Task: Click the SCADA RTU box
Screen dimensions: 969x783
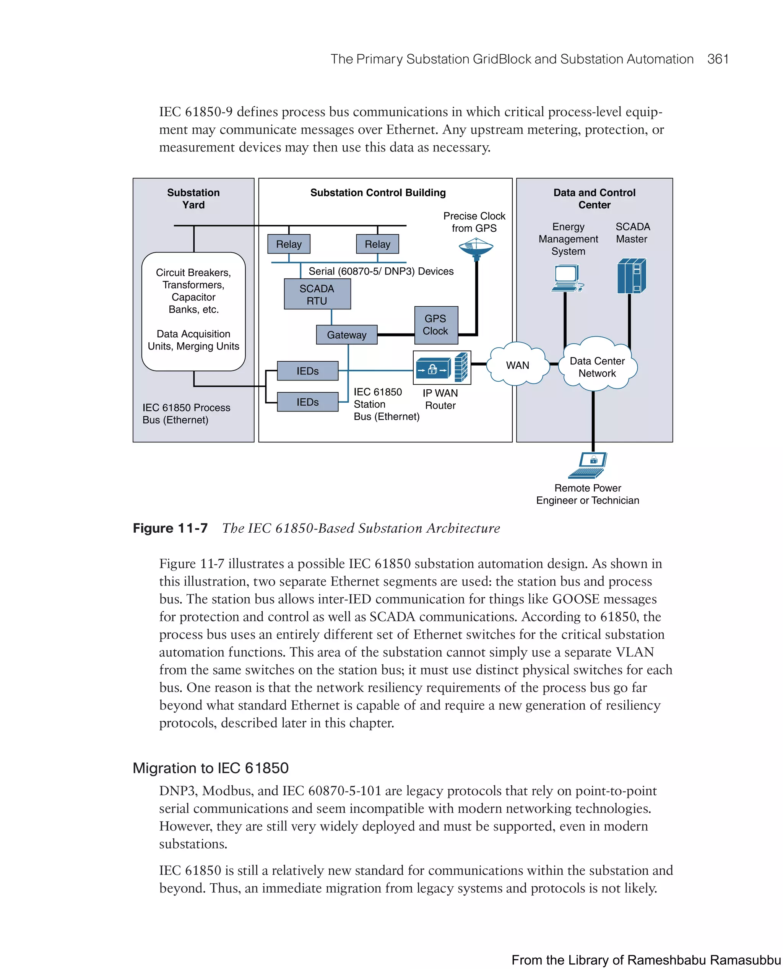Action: click(x=317, y=294)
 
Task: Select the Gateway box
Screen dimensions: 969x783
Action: click(x=346, y=335)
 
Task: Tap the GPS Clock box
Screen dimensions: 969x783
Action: click(x=436, y=325)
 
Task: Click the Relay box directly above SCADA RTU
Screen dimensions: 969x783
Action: click(x=289, y=244)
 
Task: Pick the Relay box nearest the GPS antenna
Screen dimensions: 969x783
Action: click(x=377, y=244)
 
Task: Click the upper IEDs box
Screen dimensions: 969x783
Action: click(x=308, y=371)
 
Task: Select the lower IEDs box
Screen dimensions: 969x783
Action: click(x=308, y=402)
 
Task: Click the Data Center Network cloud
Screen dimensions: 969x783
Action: click(x=597, y=366)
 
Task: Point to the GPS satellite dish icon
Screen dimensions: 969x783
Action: click(x=476, y=249)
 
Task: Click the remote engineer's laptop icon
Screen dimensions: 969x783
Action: click(x=588, y=465)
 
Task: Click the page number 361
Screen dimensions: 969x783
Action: click(x=718, y=59)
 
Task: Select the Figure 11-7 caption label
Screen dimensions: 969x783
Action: click(x=170, y=528)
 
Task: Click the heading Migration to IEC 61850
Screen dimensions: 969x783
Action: click(x=211, y=768)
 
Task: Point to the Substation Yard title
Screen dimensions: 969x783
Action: click(x=193, y=198)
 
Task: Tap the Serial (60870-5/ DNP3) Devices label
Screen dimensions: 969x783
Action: click(x=381, y=271)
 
